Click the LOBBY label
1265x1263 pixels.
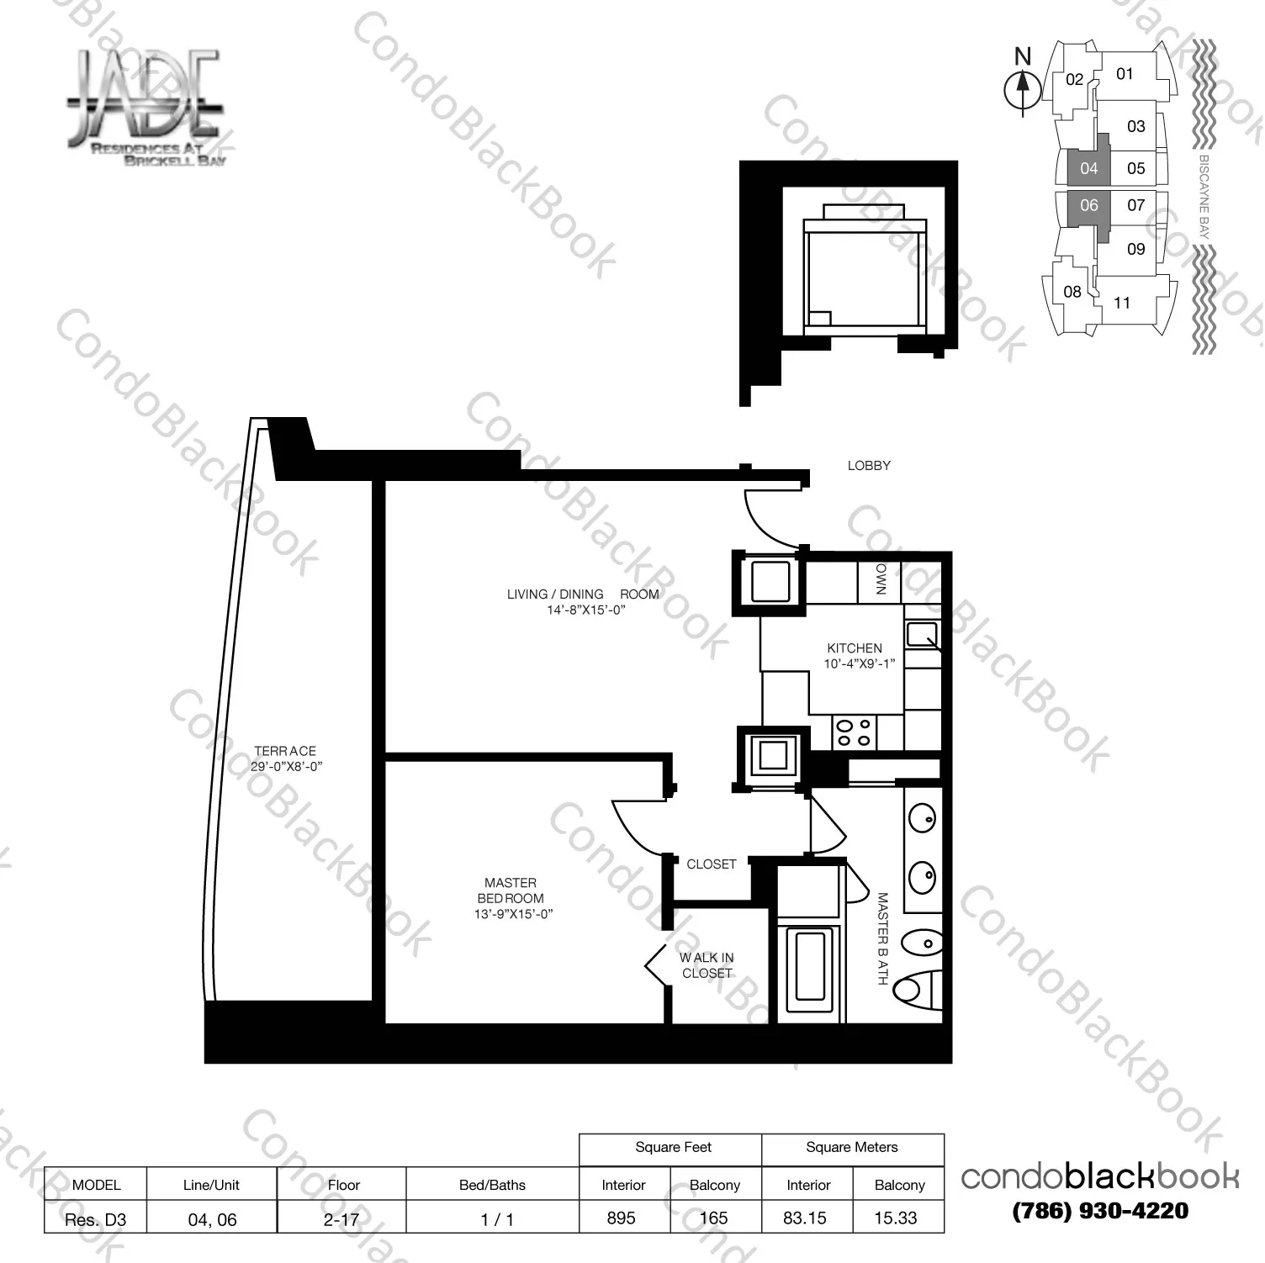click(x=869, y=465)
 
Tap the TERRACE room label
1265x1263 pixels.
click(x=285, y=751)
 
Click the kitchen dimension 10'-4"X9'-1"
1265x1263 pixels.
click(x=858, y=663)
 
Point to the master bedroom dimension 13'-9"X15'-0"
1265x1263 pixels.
click(x=512, y=914)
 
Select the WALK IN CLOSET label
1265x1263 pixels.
click(x=707, y=965)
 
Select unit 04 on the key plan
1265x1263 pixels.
click(x=1088, y=168)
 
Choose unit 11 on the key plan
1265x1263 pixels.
click(x=1122, y=303)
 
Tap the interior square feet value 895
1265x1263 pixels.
click(x=622, y=1218)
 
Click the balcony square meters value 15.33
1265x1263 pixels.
click(x=895, y=1218)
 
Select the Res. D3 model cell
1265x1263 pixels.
click(x=96, y=1219)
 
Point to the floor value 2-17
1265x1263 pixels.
click(x=341, y=1218)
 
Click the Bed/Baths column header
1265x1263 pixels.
click(x=492, y=1185)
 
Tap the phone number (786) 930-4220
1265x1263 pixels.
click(x=1100, y=1211)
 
